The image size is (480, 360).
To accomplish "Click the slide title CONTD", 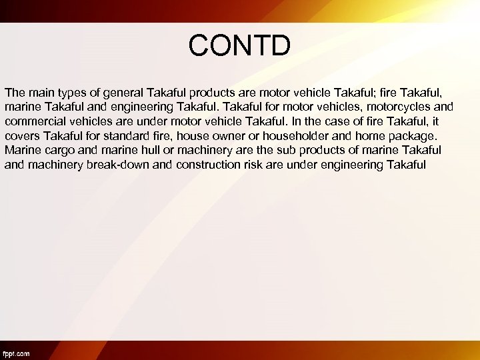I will (x=239, y=45).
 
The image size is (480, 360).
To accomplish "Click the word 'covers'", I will (x=21, y=135).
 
